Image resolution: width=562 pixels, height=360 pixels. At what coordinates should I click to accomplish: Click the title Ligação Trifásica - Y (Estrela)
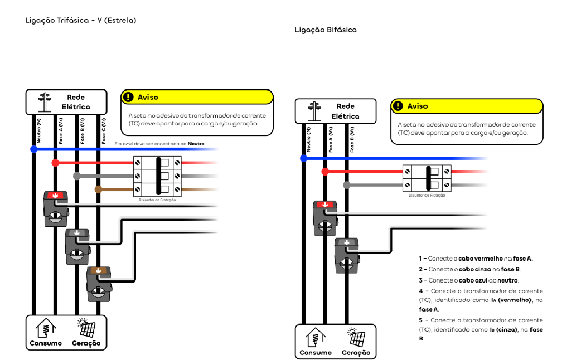pyautogui.click(x=81, y=21)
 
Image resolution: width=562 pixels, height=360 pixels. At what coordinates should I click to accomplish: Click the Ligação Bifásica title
pyautogui.click(x=326, y=30)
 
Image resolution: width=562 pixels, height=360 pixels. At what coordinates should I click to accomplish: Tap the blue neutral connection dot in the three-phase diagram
pyautogui.click(x=34, y=149)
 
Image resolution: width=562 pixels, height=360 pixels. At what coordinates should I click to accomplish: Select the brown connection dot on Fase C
pyautogui.click(x=98, y=189)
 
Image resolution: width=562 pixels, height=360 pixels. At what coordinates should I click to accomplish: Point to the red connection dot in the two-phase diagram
pyautogui.click(x=325, y=172)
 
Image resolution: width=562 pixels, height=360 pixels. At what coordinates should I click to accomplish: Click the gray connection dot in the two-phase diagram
pyautogui.click(x=346, y=184)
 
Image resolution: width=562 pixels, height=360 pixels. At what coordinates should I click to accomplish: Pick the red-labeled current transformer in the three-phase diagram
pyautogui.click(x=56, y=208)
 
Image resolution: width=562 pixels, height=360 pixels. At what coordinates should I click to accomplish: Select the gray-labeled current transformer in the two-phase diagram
pyautogui.click(x=346, y=255)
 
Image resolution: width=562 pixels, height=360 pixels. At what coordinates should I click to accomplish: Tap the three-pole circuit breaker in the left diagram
pyautogui.click(x=157, y=176)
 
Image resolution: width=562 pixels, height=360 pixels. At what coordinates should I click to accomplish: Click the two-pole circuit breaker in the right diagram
pyautogui.click(x=427, y=178)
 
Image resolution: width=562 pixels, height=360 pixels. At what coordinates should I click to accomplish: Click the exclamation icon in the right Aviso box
pyautogui.click(x=398, y=106)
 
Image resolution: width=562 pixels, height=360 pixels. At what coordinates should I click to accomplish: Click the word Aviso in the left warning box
pyautogui.click(x=148, y=97)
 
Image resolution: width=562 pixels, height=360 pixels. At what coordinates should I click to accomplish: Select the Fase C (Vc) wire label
pyautogui.click(x=104, y=132)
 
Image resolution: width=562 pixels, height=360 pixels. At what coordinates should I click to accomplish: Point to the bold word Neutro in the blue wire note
pyautogui.click(x=196, y=144)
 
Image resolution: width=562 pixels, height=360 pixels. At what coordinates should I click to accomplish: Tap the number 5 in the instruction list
pyautogui.click(x=421, y=320)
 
